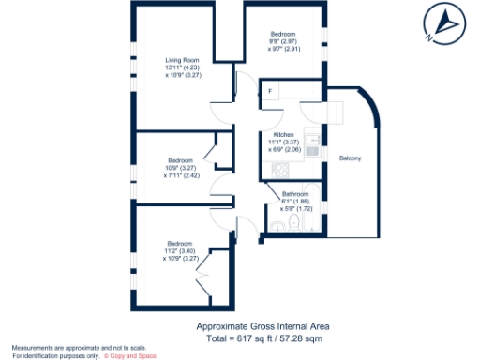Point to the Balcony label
pyautogui.click(x=351, y=157)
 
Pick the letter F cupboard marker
pyautogui.click(x=270, y=91)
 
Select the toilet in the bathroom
pyautogui.click(x=293, y=222)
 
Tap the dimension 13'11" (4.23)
pyautogui.click(x=181, y=67)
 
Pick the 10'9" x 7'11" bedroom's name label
pyautogui.click(x=181, y=159)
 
